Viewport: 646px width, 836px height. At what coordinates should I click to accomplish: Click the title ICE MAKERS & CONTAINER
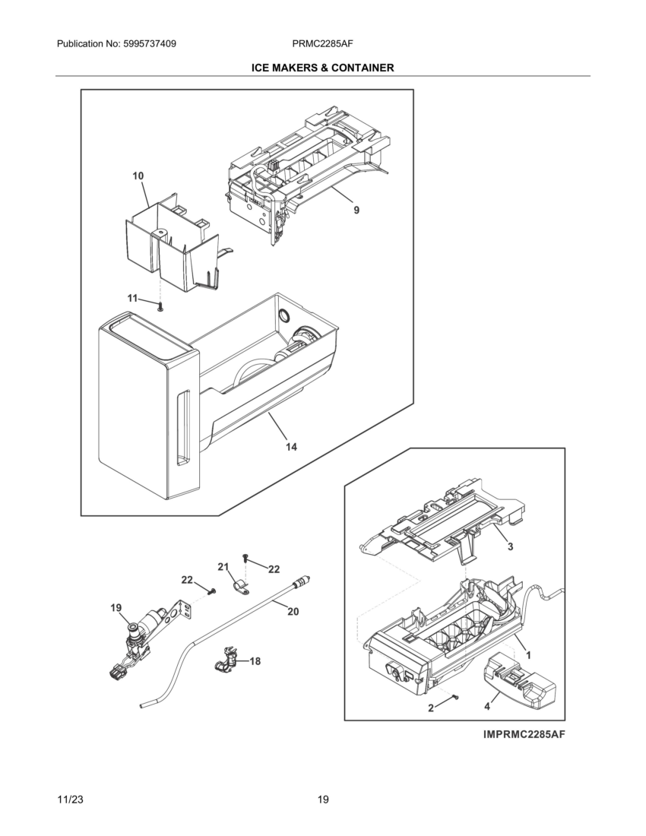322,68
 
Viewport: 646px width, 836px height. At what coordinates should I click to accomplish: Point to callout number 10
138,176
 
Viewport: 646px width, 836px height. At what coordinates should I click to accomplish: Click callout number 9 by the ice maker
356,211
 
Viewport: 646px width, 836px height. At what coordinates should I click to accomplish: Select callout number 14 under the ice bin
291,447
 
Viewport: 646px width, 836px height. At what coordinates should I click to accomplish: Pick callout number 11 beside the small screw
132,299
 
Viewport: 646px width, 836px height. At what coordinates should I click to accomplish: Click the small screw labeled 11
160,306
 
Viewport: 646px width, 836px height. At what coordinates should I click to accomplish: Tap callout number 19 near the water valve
116,607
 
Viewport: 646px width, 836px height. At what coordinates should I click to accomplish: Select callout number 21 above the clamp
223,567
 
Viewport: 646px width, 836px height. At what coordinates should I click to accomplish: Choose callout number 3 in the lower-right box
511,546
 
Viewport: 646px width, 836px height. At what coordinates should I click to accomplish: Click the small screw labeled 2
454,697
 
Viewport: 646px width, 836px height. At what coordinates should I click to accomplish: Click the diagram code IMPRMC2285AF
524,735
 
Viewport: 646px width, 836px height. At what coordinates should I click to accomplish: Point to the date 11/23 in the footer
70,800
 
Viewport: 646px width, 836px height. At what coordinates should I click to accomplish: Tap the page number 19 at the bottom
323,800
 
